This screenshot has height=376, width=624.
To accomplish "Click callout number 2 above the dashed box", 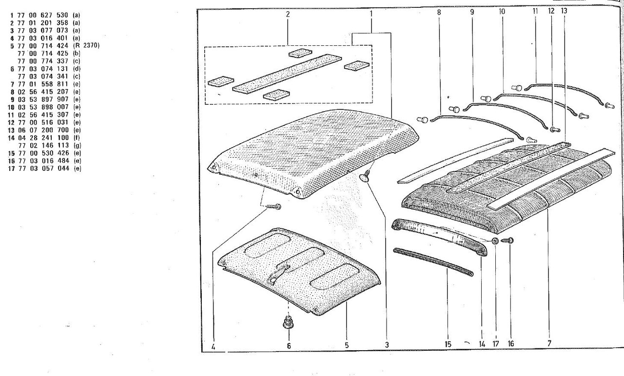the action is (x=288, y=14).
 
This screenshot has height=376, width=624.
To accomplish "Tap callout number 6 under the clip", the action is (x=288, y=345).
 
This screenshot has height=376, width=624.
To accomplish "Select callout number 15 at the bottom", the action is (x=448, y=344).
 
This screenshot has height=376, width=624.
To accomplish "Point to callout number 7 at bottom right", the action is (x=549, y=343).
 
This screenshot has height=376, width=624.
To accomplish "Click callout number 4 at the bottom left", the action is (x=214, y=347).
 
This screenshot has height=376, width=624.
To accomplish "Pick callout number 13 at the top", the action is (x=564, y=11).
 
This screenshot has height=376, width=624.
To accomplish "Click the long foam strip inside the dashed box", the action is (x=287, y=73).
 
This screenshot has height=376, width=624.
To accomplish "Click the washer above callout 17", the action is (x=495, y=241).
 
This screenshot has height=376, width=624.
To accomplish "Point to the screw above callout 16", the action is (x=510, y=240).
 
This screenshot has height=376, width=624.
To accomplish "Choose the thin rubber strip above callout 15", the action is (x=433, y=262).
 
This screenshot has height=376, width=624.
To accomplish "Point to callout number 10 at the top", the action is (x=502, y=11).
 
